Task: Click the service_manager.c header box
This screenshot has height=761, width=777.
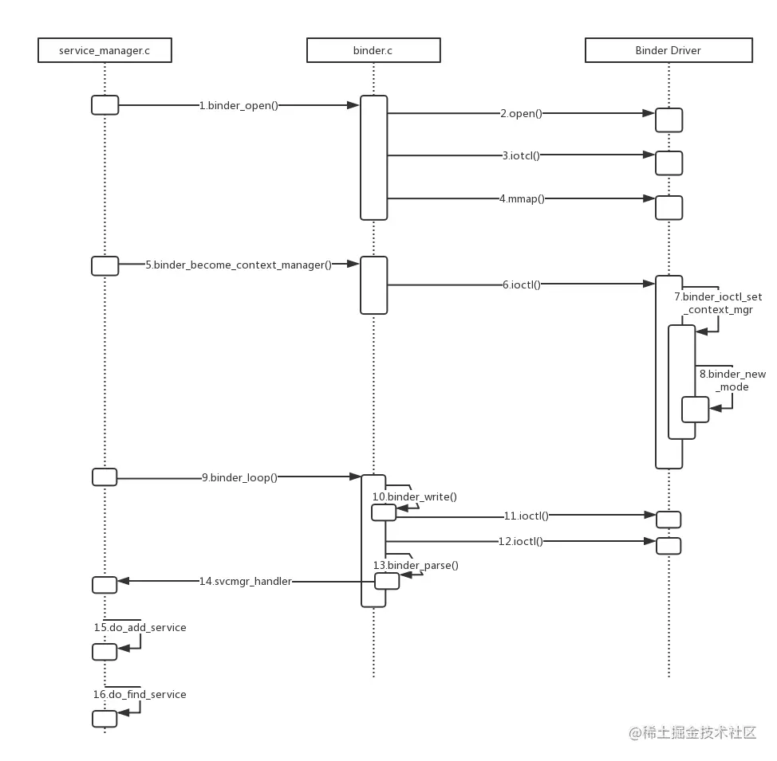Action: [105, 50]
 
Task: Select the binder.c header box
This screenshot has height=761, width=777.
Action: [373, 50]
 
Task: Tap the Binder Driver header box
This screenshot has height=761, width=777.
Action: [669, 50]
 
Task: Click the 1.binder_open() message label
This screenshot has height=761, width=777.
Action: [239, 105]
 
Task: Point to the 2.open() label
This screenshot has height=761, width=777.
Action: [521, 113]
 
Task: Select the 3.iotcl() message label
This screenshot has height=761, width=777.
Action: [521, 155]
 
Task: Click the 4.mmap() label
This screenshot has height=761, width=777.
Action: [522, 198]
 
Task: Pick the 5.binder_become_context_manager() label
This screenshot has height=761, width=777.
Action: [239, 265]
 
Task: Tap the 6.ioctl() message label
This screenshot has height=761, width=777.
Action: [521, 284]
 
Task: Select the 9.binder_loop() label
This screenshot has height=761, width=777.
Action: [239, 477]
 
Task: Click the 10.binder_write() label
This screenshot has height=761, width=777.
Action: [415, 497]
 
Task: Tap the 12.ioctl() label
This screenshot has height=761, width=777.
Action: [521, 541]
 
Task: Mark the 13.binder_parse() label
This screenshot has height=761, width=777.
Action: [416, 566]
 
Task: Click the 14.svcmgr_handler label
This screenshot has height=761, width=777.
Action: [246, 582]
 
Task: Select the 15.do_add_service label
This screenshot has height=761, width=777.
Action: [140, 628]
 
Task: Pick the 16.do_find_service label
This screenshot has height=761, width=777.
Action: [140, 695]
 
